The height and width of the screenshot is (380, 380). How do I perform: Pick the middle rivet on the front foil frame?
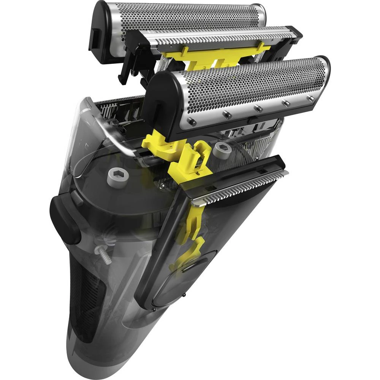pyautogui.click(x=258, y=109)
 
